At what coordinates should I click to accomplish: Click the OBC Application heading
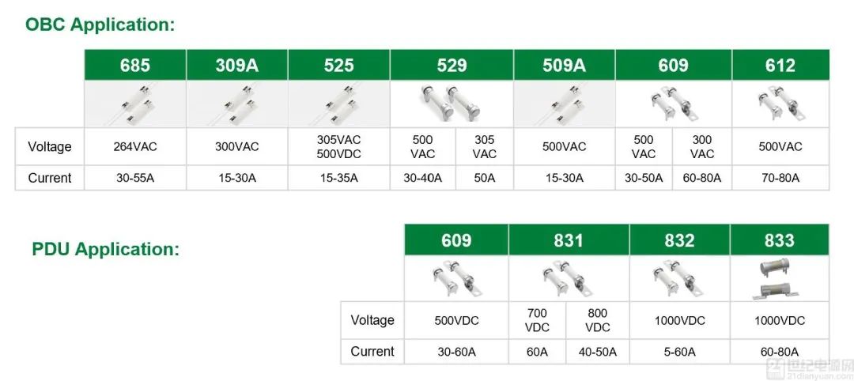click(x=100, y=25)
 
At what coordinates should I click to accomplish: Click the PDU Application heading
click(x=106, y=249)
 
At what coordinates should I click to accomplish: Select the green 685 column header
click(x=135, y=65)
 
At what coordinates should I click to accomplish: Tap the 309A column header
click(x=237, y=65)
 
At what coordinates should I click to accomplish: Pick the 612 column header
click(x=780, y=65)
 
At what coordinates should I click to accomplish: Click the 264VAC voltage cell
click(x=136, y=147)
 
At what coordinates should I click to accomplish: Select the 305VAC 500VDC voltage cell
click(x=338, y=147)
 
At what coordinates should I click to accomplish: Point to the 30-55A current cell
click(x=136, y=178)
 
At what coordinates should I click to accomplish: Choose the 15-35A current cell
click(x=338, y=178)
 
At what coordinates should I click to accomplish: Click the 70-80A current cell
click(x=780, y=178)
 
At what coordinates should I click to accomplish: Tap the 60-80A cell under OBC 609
click(x=702, y=178)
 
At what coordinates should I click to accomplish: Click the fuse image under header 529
click(x=452, y=103)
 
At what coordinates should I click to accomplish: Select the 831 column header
click(x=569, y=240)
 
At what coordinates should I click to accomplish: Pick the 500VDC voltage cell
click(x=456, y=321)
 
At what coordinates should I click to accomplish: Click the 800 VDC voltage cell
click(x=598, y=321)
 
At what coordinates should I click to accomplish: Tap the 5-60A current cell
click(x=679, y=353)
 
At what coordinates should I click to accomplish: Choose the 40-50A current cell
click(x=598, y=353)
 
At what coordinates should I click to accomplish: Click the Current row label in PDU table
click(x=372, y=352)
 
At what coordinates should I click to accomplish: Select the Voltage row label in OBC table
click(x=50, y=147)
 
